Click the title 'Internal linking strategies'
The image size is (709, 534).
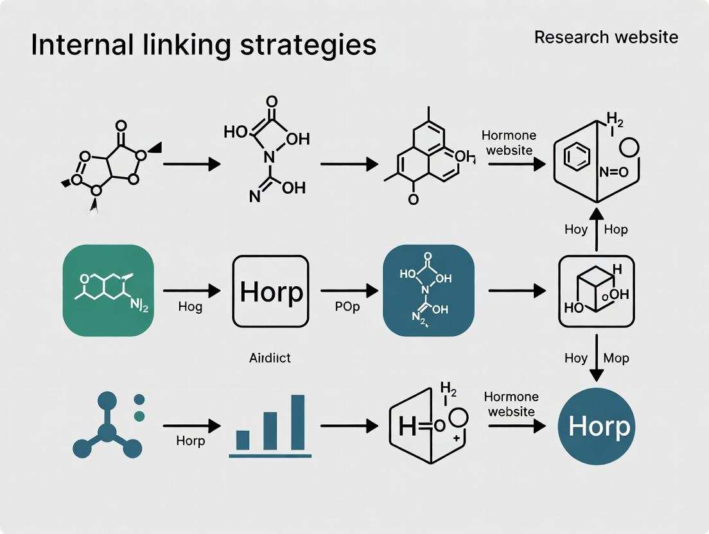(x=204, y=45)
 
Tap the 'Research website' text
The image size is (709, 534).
(x=606, y=37)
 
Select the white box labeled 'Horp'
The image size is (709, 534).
(x=271, y=291)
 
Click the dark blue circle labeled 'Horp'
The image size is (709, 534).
(x=599, y=426)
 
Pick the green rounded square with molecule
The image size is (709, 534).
(x=108, y=291)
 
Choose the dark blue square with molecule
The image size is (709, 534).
(x=428, y=291)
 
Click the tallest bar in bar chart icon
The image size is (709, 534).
(x=298, y=422)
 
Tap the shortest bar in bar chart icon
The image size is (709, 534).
(x=243, y=440)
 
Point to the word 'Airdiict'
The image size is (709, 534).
(x=270, y=357)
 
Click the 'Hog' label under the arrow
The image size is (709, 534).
(x=190, y=307)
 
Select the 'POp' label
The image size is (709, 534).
(x=347, y=307)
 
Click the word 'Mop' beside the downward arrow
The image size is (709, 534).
(x=616, y=358)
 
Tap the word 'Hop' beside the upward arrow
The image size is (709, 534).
(x=615, y=229)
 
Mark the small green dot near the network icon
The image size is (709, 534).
(x=139, y=416)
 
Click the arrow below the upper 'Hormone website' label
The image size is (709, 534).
(x=516, y=164)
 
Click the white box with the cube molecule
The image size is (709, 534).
(x=597, y=291)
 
